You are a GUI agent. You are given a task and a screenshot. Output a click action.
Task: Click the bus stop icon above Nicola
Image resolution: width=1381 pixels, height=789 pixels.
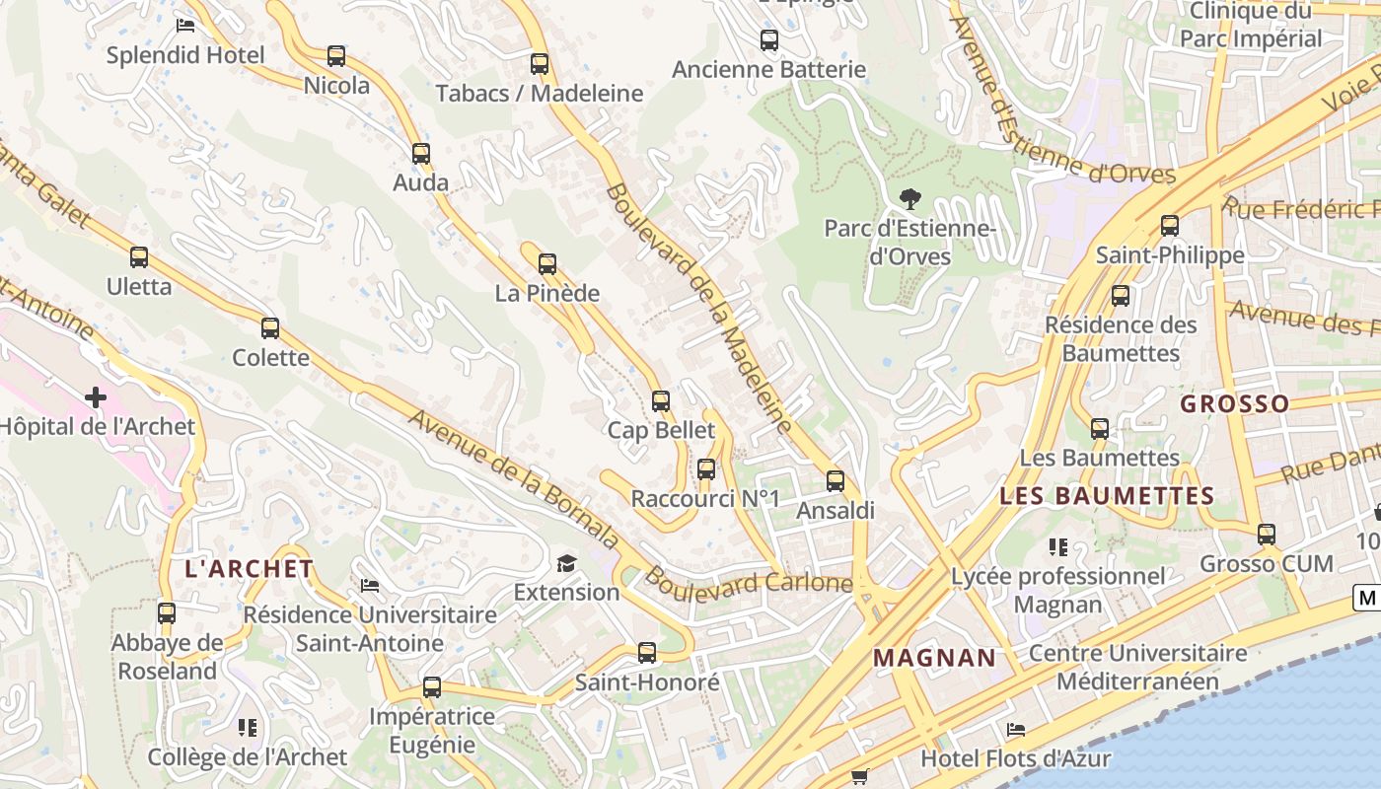pos(336,56)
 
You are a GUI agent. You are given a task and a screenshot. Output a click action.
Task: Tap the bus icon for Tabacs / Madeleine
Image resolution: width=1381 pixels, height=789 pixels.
pos(540,64)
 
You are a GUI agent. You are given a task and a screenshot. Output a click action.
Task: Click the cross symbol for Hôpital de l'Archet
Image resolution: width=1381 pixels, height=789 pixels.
pos(96,397)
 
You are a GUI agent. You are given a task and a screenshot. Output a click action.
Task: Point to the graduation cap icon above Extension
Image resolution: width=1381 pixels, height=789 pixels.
pos(566,563)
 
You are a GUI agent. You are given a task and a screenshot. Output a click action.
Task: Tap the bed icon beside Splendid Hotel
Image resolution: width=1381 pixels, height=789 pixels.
pos(185,26)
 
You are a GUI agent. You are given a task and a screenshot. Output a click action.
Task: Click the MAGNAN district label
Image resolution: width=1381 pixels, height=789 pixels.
pos(934,658)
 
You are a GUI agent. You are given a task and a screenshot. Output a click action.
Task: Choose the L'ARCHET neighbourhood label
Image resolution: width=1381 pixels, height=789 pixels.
pos(250,569)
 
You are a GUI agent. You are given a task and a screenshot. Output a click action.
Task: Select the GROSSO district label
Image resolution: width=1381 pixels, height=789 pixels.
pos(1234,403)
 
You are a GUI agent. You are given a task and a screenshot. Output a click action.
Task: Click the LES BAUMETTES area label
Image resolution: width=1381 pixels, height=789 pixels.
pos(1107,496)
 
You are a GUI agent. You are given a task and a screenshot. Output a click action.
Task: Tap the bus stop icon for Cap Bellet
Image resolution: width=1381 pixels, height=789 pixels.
pos(661,401)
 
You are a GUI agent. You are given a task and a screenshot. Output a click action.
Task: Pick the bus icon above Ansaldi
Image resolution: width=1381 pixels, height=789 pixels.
pos(836,481)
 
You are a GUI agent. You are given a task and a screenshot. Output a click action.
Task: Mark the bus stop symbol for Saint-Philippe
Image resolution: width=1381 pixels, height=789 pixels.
pos(1170,226)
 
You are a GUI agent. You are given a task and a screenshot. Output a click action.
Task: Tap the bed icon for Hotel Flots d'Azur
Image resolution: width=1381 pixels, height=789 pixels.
pos(1016,730)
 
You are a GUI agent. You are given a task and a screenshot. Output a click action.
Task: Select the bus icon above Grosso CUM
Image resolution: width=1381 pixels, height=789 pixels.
pos(1267,535)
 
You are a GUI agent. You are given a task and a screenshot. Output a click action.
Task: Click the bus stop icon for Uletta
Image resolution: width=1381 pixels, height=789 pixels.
pos(139,257)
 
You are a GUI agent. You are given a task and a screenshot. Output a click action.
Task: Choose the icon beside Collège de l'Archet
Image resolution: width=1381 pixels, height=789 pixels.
pos(248,728)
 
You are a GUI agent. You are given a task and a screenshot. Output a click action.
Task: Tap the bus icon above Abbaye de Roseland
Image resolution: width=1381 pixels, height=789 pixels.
pos(167,613)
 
